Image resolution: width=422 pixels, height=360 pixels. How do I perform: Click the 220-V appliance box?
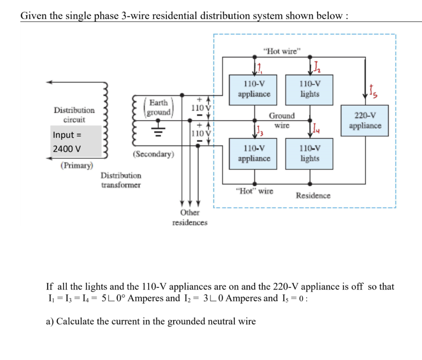pyautogui.click(x=365, y=120)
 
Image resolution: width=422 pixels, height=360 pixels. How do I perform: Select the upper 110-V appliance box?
pyautogui.click(x=254, y=89)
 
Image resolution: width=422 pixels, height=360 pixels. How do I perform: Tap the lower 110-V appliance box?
pyautogui.click(x=254, y=153)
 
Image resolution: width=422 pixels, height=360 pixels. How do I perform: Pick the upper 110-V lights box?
pyautogui.click(x=309, y=89)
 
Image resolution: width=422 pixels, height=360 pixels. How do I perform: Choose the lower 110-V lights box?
pyautogui.click(x=309, y=153)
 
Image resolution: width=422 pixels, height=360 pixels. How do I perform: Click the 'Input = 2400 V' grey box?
pyautogui.click(x=75, y=141)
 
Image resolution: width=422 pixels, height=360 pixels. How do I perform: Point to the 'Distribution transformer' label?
pyautogui.click(x=121, y=180)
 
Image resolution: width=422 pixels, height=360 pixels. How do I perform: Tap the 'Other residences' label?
pyautogui.click(x=190, y=217)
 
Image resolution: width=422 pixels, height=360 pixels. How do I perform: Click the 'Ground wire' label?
pyautogui.click(x=282, y=120)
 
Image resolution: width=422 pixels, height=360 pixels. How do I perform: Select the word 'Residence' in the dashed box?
pyautogui.click(x=313, y=195)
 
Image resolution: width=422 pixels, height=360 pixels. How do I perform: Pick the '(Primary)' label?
pyautogui.click(x=77, y=165)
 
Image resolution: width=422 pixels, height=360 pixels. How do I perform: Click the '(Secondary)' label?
pyautogui.click(x=153, y=154)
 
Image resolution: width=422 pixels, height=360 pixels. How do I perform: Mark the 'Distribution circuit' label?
pyautogui.click(x=74, y=115)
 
